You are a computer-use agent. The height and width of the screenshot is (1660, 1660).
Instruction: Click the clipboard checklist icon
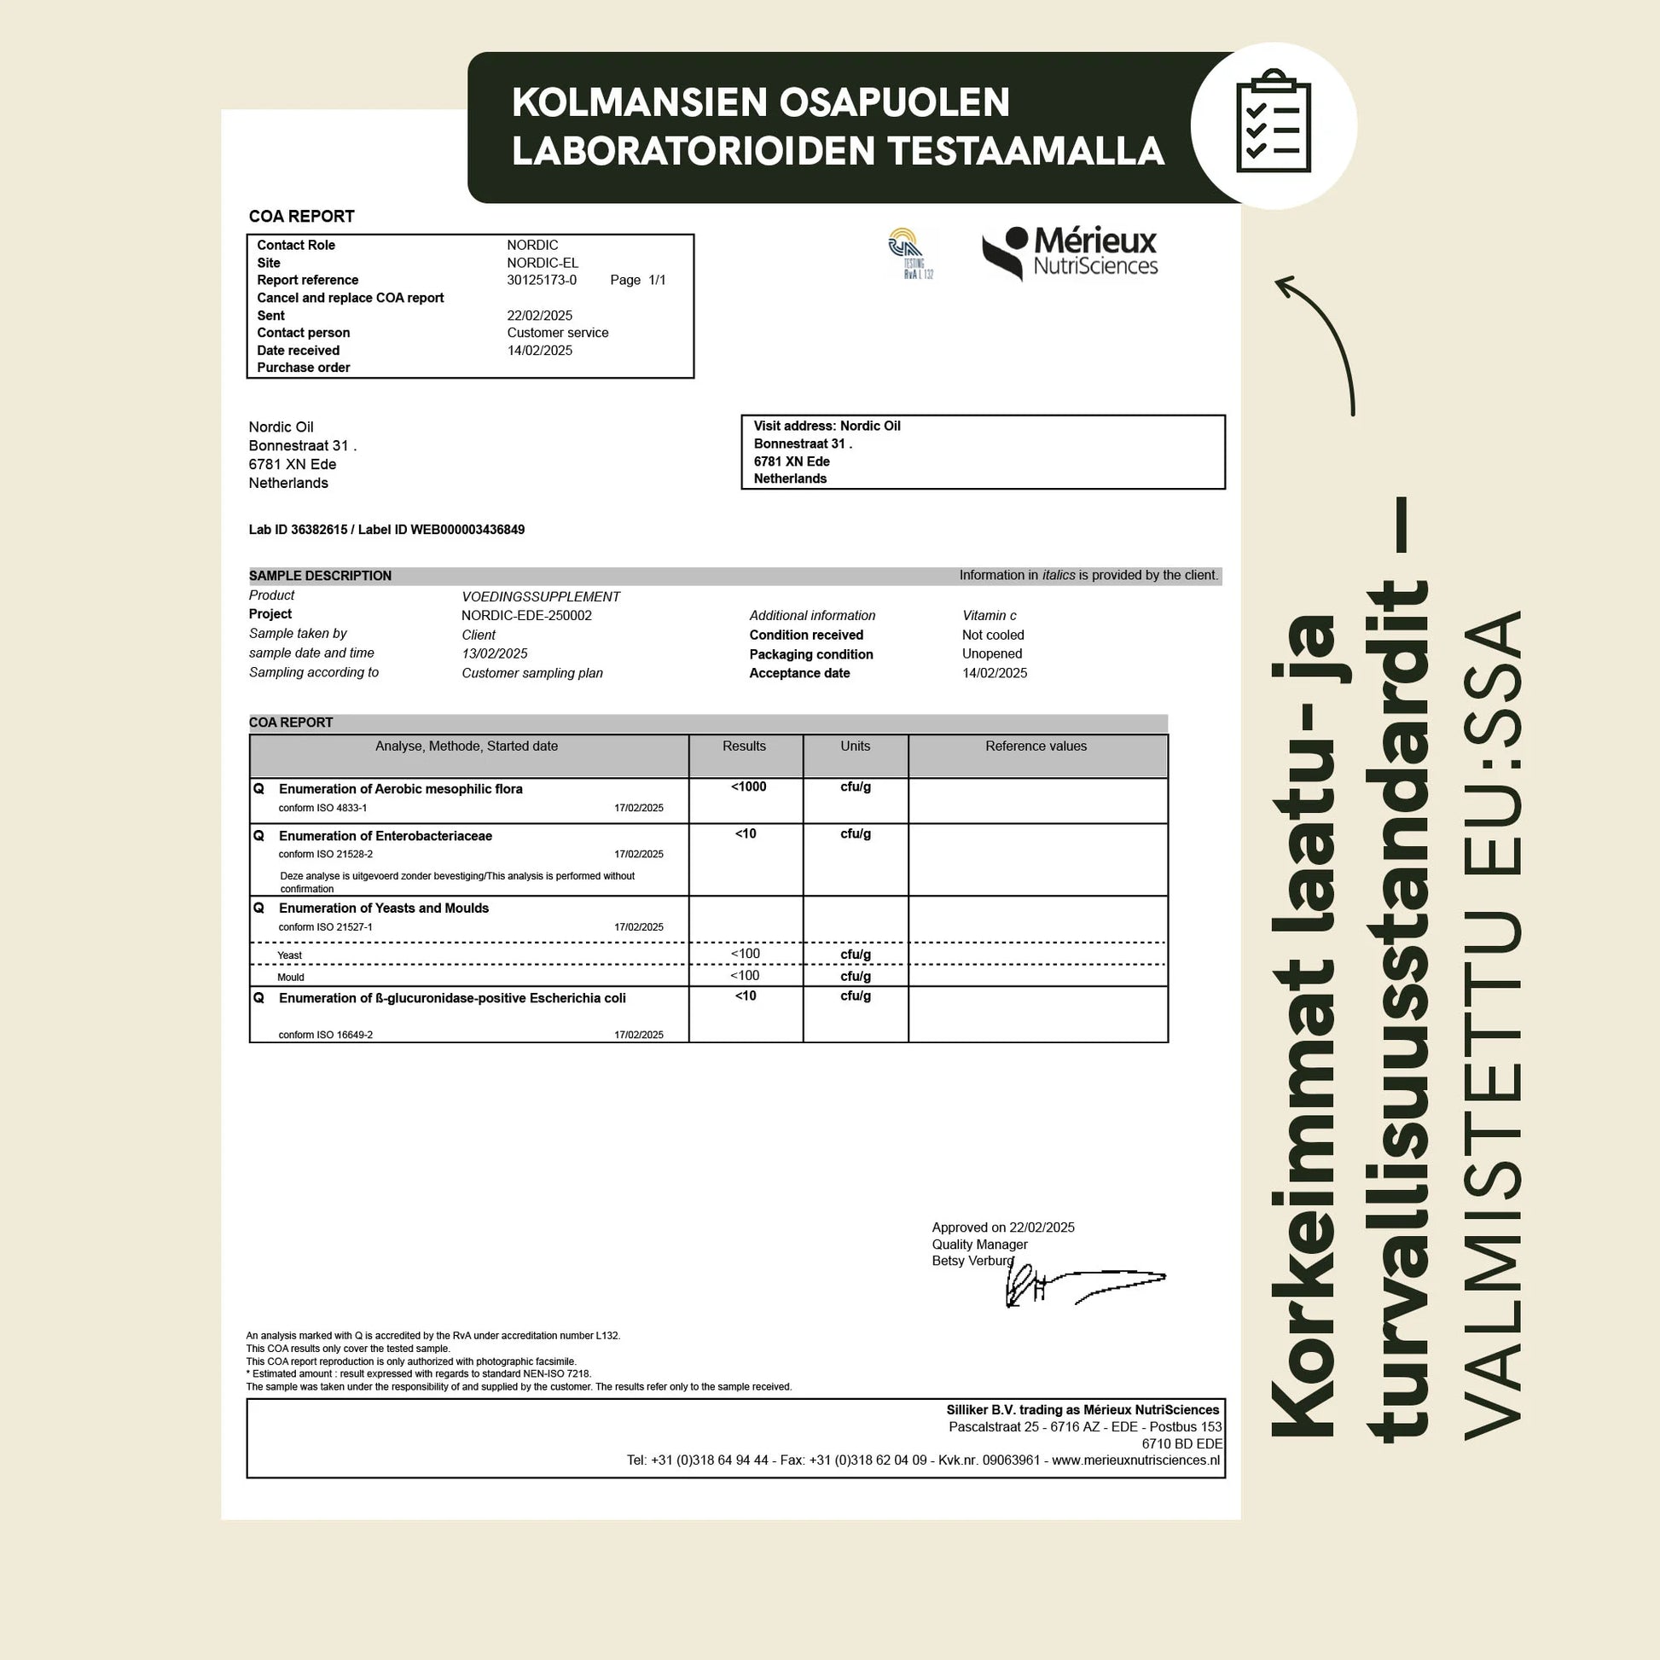(1274, 125)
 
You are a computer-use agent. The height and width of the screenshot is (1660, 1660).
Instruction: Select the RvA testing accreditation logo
(910, 252)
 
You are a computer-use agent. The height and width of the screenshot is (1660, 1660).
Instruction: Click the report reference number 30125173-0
(542, 280)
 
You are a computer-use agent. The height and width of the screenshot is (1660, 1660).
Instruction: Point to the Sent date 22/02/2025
(539, 316)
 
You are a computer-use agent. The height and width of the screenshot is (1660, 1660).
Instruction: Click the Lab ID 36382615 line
(386, 529)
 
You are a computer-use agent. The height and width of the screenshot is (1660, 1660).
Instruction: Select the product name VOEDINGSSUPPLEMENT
(541, 596)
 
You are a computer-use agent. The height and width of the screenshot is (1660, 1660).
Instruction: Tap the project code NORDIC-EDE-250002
(525, 615)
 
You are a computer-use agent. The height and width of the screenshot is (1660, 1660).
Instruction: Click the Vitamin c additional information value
(989, 615)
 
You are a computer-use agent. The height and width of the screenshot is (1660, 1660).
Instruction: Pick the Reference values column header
(1036, 746)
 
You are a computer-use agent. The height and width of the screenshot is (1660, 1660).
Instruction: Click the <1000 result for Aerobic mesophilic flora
(747, 787)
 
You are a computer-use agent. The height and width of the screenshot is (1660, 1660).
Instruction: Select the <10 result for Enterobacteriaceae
(745, 833)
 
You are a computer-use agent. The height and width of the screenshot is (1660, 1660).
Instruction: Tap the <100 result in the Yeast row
(745, 954)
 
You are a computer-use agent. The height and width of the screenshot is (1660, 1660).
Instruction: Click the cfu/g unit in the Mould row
(855, 976)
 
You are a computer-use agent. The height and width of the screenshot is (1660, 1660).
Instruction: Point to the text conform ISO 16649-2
(326, 1035)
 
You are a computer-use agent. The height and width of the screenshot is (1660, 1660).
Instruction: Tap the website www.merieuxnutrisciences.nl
(1135, 1460)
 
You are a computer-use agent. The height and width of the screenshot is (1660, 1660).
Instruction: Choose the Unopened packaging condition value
(991, 654)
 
